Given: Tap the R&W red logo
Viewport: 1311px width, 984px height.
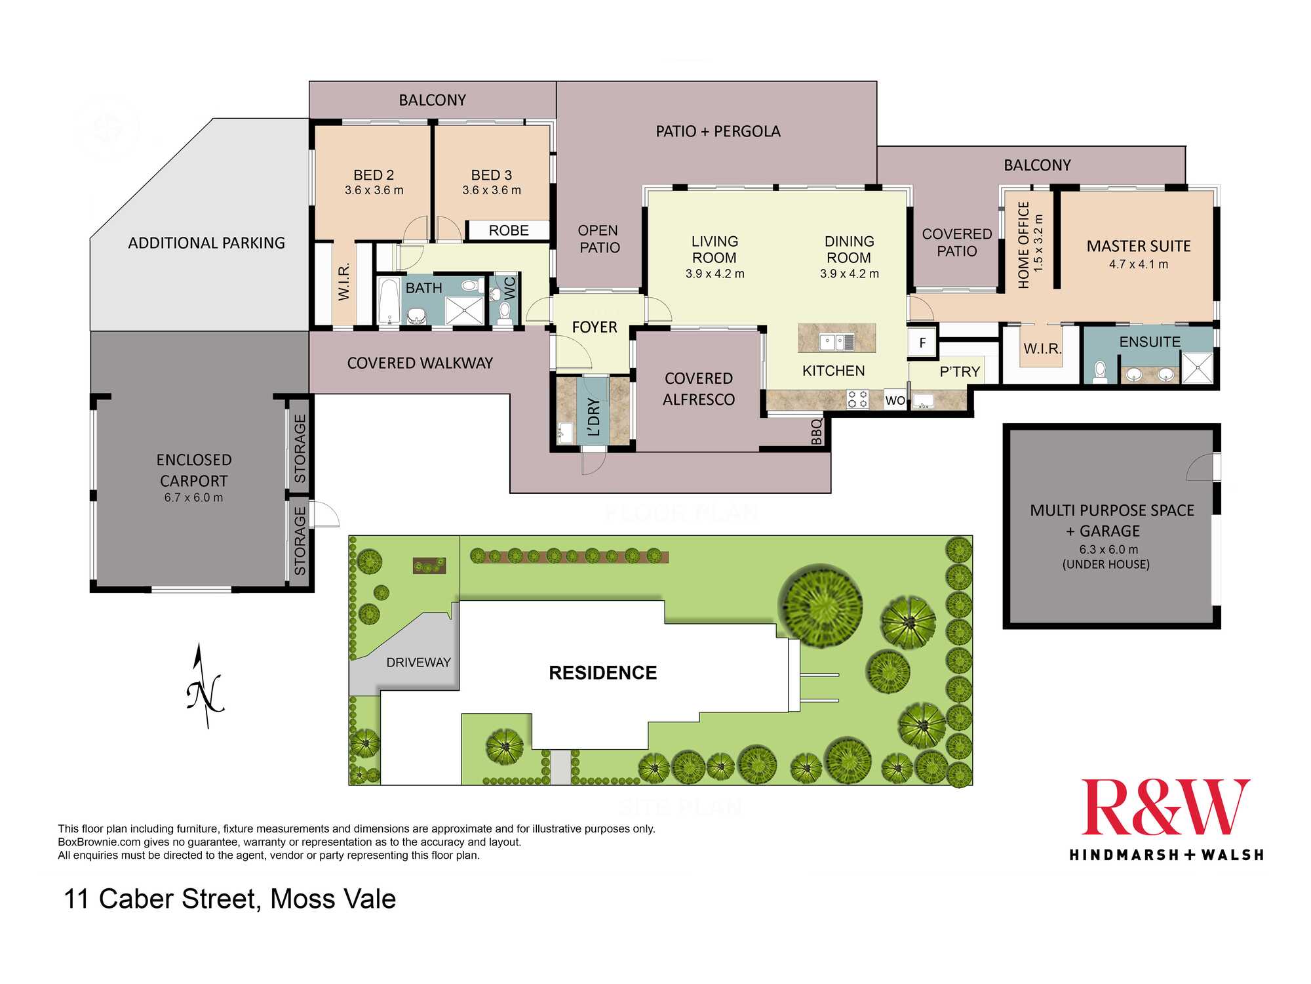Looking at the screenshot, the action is [x=1165, y=808].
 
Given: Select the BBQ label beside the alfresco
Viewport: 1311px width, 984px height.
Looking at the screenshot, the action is [x=816, y=432].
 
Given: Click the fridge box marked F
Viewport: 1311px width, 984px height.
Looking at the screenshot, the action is [x=922, y=342].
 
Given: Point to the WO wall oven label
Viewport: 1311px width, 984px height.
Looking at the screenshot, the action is [x=895, y=400].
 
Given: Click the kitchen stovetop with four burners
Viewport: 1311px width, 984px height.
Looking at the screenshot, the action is [x=857, y=399].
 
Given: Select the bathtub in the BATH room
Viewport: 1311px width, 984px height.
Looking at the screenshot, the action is [x=389, y=301].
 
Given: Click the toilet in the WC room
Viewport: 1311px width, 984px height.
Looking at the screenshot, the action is [x=505, y=313].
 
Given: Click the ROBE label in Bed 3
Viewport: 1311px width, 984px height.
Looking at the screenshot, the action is [x=509, y=230].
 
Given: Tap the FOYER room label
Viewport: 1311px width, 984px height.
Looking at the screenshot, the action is [x=595, y=327].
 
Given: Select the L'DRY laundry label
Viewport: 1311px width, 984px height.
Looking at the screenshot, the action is [x=594, y=417].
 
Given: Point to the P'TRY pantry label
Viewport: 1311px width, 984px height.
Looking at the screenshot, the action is [x=960, y=372].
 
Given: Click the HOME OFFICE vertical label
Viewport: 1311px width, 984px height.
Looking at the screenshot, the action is [x=1023, y=245].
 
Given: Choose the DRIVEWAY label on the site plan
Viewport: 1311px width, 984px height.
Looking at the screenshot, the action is [x=418, y=663].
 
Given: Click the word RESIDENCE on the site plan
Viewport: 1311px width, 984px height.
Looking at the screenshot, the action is [x=603, y=672].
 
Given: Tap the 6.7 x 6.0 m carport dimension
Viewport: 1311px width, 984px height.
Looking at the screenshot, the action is [x=193, y=497].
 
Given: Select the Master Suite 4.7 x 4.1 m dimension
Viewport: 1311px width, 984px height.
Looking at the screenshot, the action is [x=1139, y=264].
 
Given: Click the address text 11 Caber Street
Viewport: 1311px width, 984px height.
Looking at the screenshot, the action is [x=162, y=899].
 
